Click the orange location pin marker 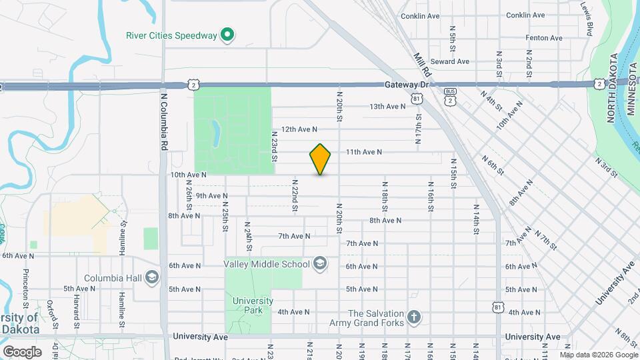pyautogui.click(x=320, y=159)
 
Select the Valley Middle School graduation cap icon pyautogui.click(x=320, y=264)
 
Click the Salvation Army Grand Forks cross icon pyautogui.click(x=413, y=317)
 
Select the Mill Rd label pyautogui.click(x=423, y=65)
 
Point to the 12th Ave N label pyautogui.click(x=299, y=129)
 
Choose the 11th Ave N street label pyautogui.click(x=363, y=152)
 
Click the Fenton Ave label pyautogui.click(x=545, y=38)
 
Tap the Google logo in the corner pyautogui.click(x=22, y=352)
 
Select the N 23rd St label pyautogui.click(x=274, y=146)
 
